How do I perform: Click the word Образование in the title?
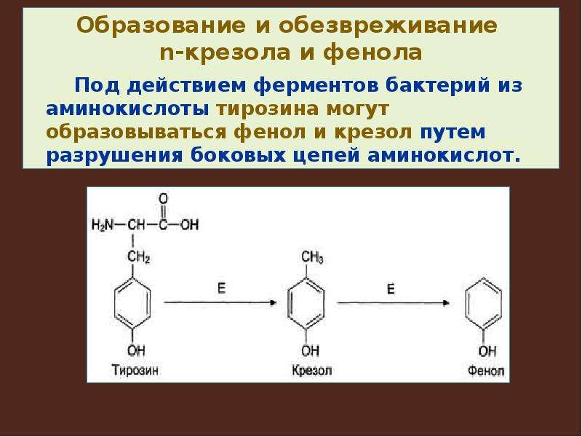pyautogui.click(x=161, y=25)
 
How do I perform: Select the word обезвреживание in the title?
pyautogui.click(x=388, y=25)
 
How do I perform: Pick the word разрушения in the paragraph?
pyautogui.click(x=115, y=156)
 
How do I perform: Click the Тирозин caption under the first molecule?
pyautogui.click(x=135, y=371)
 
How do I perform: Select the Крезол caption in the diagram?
pyautogui.click(x=311, y=371)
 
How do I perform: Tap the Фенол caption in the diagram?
pyautogui.click(x=486, y=371)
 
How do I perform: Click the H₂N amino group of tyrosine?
pyautogui.click(x=102, y=225)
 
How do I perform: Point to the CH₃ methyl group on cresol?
pyautogui.click(x=312, y=258)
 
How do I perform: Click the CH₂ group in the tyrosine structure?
pyautogui.click(x=138, y=257)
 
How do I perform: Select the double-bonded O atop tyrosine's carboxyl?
pyautogui.click(x=163, y=199)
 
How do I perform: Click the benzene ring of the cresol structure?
pyautogui.click(x=289, y=303)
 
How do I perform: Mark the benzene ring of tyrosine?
pyautogui.click(x=115, y=303)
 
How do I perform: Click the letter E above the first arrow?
pyautogui.click(x=222, y=288)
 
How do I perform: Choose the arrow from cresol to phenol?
pyautogui.click(x=394, y=303)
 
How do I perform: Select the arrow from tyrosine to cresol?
pyautogui.click(x=220, y=303)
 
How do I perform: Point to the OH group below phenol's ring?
pyautogui.click(x=487, y=351)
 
